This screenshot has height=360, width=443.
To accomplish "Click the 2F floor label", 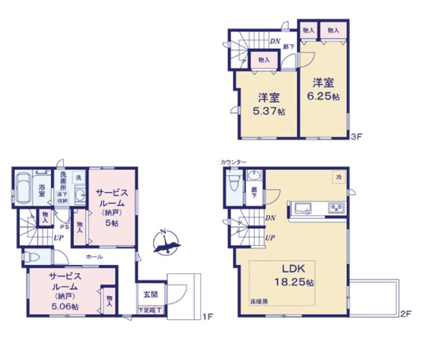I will coord(406,314).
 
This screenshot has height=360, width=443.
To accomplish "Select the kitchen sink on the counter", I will coord(302,206).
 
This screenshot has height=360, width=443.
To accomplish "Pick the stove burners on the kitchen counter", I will coord(336,207).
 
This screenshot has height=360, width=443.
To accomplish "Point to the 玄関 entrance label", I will coord(150,295).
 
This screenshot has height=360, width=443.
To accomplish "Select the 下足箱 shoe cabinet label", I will coord(146,310).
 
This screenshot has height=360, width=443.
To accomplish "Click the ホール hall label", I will coord(94,257).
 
